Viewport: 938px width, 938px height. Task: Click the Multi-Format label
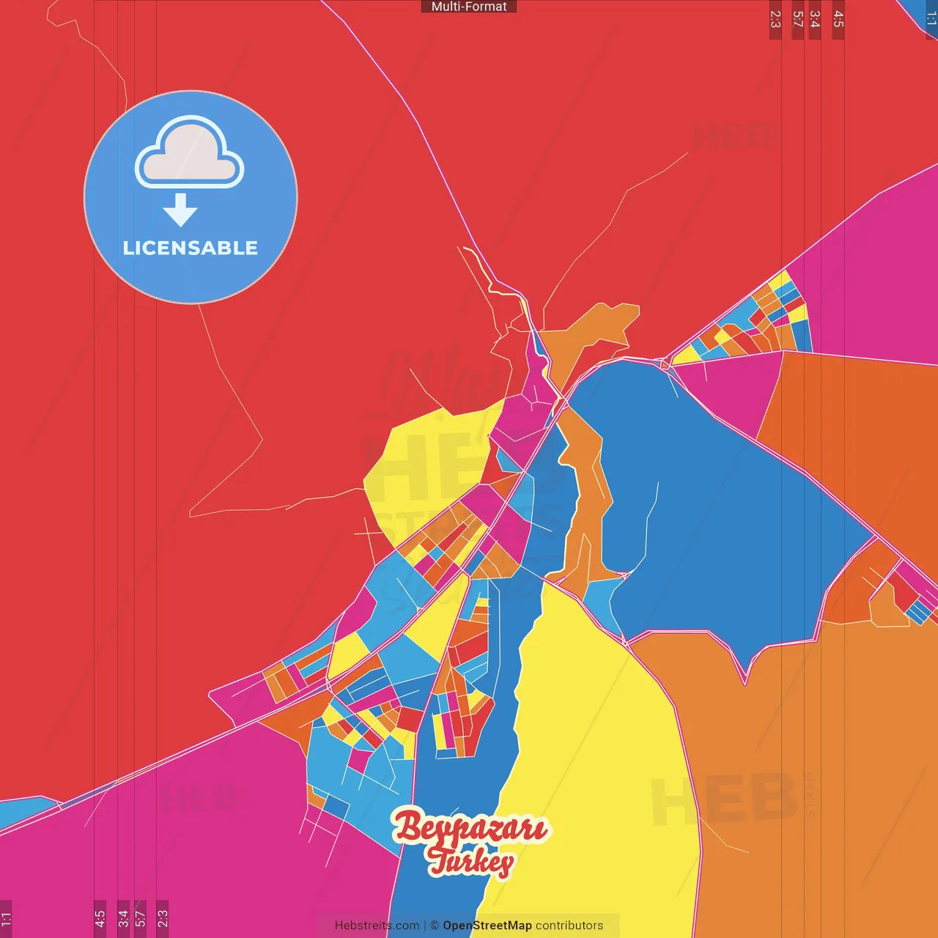pos(469,7)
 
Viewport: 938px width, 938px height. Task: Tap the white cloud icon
pos(189,152)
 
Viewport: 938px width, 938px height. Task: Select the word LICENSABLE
pos(191,248)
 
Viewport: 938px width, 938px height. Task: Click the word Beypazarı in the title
pos(470,828)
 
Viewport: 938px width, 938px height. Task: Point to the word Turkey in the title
pos(470,861)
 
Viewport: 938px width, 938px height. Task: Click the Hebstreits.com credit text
pos(377,926)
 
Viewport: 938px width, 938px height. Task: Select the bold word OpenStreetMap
pos(487,926)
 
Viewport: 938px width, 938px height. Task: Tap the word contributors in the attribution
pos(569,926)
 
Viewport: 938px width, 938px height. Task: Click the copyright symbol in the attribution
pos(435,926)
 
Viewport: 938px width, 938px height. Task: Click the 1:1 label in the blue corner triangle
pos(931,18)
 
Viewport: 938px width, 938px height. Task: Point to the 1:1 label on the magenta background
pos(6,918)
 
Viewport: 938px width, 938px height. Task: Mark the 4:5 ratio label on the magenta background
pos(100,918)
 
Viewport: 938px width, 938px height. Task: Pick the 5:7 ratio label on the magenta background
pos(140,918)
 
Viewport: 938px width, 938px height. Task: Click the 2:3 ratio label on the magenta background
pos(163,918)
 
